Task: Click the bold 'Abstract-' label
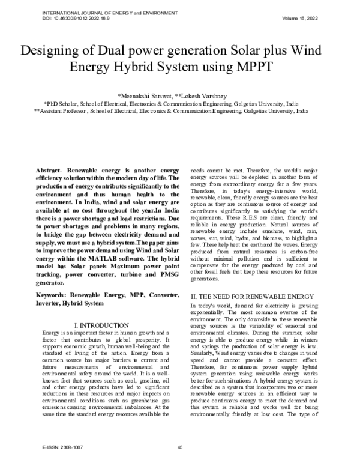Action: click(50, 170)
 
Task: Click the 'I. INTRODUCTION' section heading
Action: click(99, 325)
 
